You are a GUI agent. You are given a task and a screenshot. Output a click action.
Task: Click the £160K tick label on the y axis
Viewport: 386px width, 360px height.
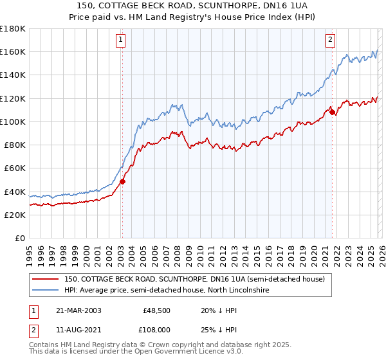13,51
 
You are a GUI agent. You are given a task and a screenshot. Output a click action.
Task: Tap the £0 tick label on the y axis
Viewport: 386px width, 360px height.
21,238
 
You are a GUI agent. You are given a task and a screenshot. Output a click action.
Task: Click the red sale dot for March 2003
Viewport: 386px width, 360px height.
122,181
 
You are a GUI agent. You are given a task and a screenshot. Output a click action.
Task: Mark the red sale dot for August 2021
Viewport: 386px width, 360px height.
333,112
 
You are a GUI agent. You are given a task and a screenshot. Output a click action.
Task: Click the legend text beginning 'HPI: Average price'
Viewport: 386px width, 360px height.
167,291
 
